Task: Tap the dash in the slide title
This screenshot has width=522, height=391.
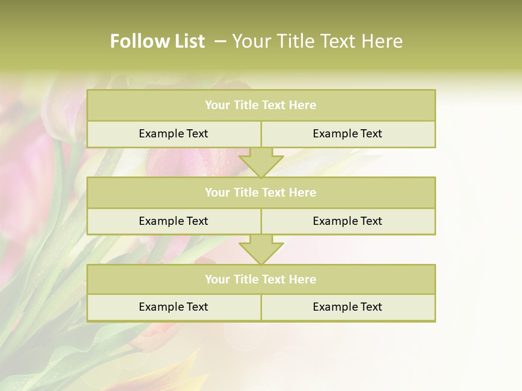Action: [x=221, y=41]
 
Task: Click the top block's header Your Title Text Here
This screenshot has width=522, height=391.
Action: [x=260, y=105]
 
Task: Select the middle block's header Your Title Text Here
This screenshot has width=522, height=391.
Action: [x=260, y=193]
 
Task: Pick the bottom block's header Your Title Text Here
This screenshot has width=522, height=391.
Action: [x=260, y=280]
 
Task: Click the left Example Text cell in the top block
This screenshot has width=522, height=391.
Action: [x=173, y=134]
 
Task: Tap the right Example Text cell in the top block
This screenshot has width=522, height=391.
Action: [x=347, y=134]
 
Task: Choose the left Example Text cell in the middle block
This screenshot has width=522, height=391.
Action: [x=173, y=221]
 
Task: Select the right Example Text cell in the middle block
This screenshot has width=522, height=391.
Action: [x=347, y=221]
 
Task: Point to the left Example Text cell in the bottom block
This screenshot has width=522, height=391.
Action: [x=173, y=307]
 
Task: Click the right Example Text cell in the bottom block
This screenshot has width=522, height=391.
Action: [x=347, y=307]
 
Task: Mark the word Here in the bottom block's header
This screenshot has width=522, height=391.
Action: [x=303, y=280]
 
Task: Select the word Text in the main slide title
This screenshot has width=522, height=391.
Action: [x=334, y=41]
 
